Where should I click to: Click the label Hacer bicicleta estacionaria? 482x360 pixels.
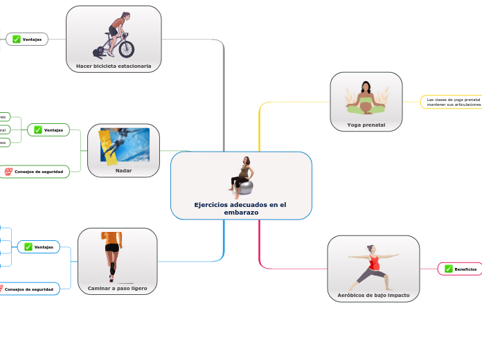114,66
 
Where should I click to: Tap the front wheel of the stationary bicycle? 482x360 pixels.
126,48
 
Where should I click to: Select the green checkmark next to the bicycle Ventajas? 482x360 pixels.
16,39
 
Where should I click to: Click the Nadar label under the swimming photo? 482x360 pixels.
123,170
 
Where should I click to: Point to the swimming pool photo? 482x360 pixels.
125,145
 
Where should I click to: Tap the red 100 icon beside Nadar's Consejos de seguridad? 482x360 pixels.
8,171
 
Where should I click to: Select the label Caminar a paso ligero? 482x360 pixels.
117,288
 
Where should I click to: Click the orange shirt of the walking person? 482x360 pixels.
114,237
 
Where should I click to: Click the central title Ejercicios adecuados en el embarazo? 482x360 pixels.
240,208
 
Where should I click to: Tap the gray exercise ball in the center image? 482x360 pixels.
245,186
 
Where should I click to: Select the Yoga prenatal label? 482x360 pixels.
366,125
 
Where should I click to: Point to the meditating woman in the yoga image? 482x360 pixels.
366,98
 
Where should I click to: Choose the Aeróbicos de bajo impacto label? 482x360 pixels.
373,295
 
